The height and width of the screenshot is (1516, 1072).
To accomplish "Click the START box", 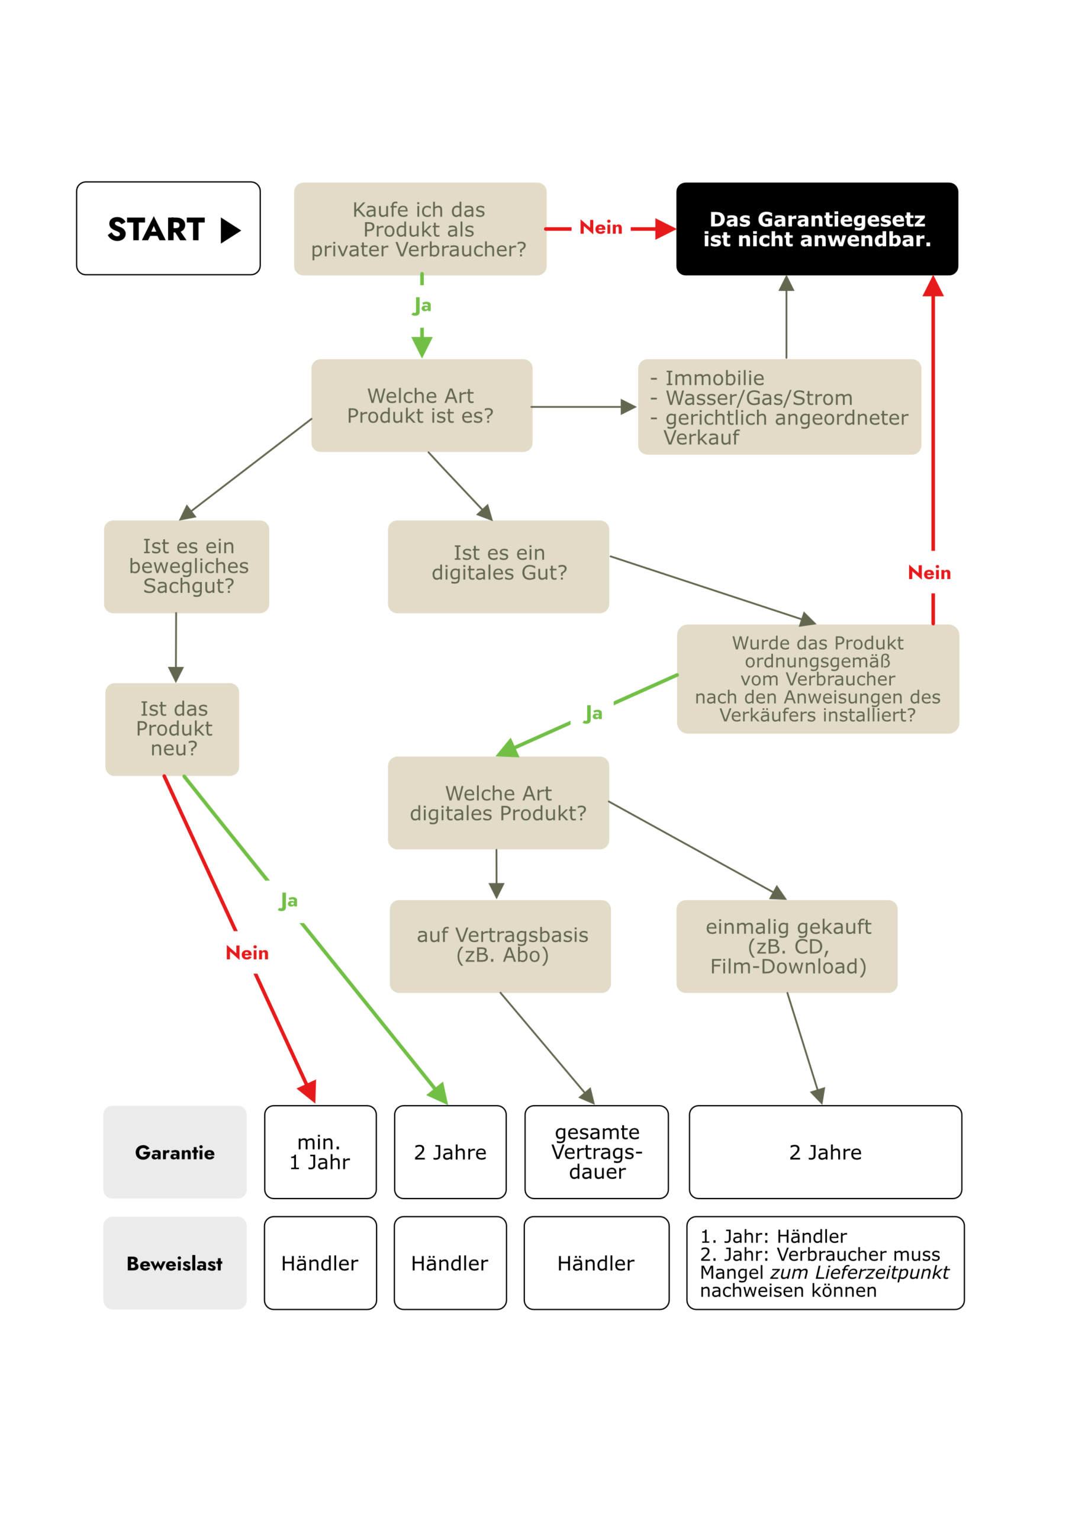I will [x=168, y=229].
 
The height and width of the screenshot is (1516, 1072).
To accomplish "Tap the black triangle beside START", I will [x=230, y=230].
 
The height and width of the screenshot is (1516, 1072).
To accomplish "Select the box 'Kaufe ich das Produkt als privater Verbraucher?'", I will [x=420, y=229].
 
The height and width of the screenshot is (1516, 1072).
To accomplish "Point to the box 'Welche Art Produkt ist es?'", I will [x=421, y=406].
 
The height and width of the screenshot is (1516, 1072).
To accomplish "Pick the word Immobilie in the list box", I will [x=714, y=378].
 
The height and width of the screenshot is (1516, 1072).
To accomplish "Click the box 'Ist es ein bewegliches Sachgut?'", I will [x=187, y=567].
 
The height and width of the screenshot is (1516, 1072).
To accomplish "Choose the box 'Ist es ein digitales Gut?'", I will [x=498, y=567].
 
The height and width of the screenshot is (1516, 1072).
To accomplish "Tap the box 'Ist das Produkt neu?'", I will [x=172, y=729].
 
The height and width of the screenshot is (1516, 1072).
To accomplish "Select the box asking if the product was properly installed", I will [x=817, y=679].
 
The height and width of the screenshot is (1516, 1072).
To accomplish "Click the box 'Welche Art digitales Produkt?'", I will [x=498, y=803].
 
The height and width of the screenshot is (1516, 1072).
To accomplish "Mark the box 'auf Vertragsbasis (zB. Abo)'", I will [x=500, y=946].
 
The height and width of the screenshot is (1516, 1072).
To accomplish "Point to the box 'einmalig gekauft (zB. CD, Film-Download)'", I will [x=787, y=946].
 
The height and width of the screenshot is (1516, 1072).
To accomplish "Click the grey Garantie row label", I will [x=175, y=1152].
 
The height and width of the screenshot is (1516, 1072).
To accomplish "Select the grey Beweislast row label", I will [x=175, y=1263].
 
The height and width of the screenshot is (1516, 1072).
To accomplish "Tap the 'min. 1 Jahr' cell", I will [x=320, y=1152].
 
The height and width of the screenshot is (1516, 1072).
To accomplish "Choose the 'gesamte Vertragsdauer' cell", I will [x=596, y=1152].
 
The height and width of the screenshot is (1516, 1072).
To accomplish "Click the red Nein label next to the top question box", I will [x=601, y=228].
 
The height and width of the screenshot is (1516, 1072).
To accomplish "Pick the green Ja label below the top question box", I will [x=423, y=306].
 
